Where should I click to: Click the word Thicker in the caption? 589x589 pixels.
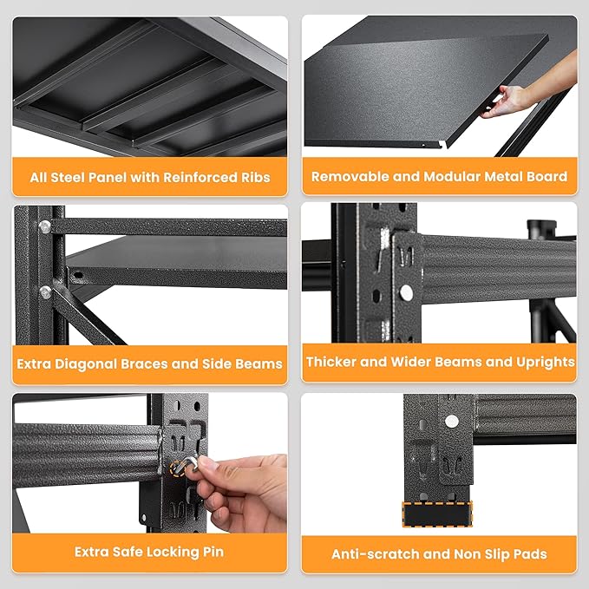(x=334, y=362)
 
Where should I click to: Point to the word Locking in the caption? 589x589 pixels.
(x=173, y=552)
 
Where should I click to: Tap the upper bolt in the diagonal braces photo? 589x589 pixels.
(x=43, y=227)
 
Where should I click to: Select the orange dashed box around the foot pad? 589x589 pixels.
(x=438, y=512)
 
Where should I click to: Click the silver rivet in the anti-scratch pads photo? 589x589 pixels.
(x=450, y=421)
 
